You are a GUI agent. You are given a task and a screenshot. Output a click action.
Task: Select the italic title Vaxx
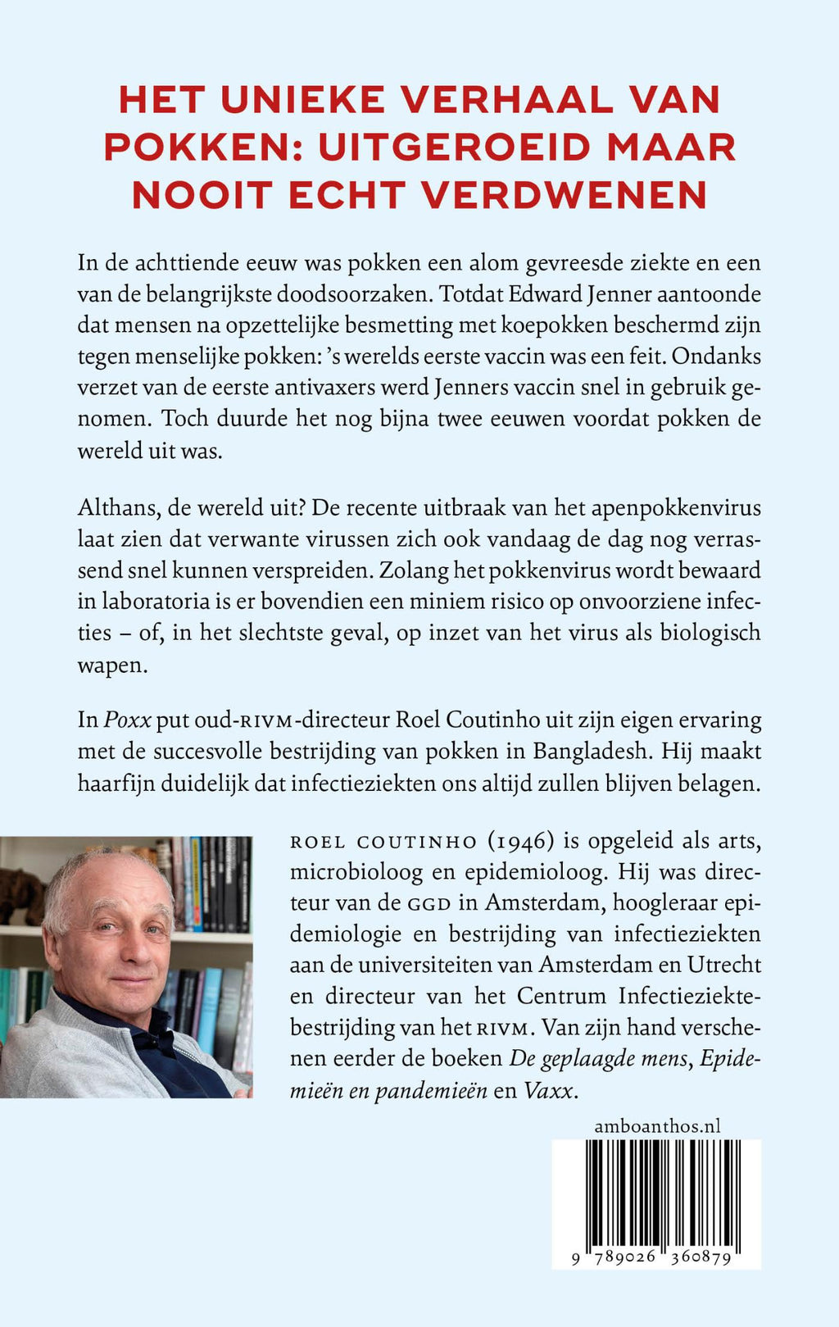[x=548, y=1090]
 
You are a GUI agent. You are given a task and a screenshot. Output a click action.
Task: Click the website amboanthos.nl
[x=657, y=1126]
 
